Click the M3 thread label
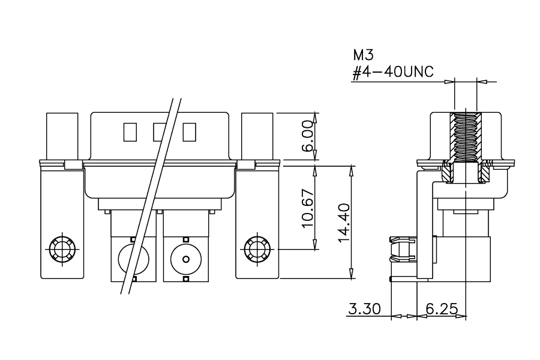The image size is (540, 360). coord(363,55)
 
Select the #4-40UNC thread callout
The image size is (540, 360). coord(393,72)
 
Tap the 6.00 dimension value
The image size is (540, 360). coord(307,136)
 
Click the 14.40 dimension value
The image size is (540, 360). coord(344,223)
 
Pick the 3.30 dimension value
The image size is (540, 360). coord(365,308)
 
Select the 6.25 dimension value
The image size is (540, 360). coord(442,308)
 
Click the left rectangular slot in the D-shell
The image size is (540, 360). coord(130,132)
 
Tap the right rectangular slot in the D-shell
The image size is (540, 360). coord(190,132)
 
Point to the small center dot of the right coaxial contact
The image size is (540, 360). coord(186,259)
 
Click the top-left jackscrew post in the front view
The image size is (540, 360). coord(62,136)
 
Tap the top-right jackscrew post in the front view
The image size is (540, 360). coord(257,136)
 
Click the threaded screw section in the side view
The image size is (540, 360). coord(466,137)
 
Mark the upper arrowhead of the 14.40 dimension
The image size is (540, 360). coord(351,170)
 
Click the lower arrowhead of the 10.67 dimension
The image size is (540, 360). coord(315,244)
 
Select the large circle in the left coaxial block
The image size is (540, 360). coord(134,259)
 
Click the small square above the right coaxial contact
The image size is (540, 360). coord(186,239)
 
